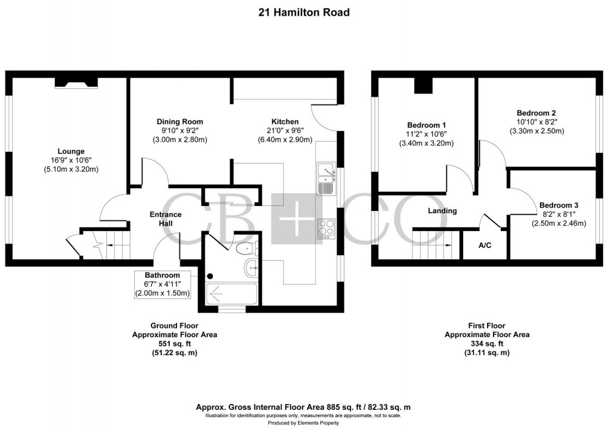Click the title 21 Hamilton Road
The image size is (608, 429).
pos(304,12)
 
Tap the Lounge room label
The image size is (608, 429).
pos(70,151)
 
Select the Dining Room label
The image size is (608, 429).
pos(180,122)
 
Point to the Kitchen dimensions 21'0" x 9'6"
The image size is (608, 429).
pos(281,130)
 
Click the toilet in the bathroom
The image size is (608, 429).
pos(246,248)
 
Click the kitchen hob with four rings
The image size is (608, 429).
pos(327,229)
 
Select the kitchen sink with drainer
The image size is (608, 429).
pos(327,179)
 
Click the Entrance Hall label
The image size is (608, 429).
pos(165,219)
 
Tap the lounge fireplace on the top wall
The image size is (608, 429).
pos(76,83)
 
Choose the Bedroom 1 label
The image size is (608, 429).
pos(426,125)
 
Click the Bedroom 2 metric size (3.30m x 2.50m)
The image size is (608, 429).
pos(536,131)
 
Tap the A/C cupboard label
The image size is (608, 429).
pos(485,245)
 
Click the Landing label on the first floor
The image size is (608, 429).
pos(442,210)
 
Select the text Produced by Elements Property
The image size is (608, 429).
pos(304,422)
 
